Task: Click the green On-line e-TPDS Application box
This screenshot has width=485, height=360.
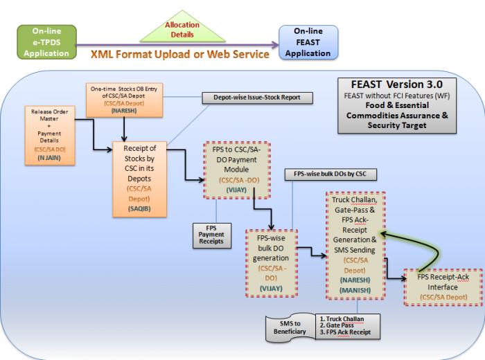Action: click(46, 42)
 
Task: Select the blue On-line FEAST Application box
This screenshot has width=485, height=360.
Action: click(308, 42)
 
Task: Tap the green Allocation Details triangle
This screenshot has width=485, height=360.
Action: click(182, 28)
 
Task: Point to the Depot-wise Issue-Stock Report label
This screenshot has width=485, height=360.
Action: click(252, 98)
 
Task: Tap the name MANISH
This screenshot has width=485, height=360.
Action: click(356, 290)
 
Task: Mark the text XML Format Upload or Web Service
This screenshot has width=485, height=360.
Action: click(179, 54)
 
